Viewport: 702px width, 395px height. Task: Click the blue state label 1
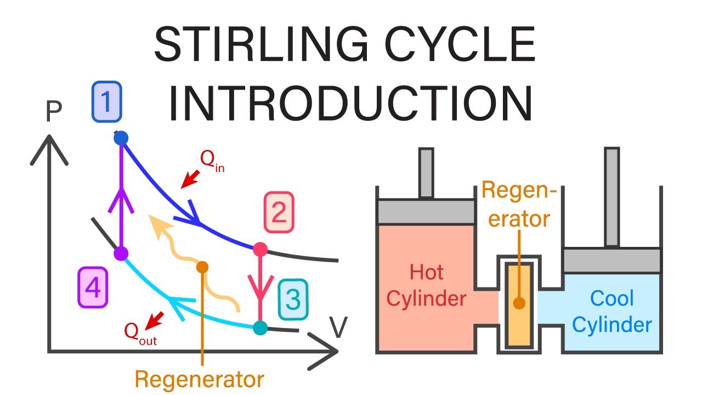point(106,101)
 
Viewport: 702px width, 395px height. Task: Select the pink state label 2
point(279,212)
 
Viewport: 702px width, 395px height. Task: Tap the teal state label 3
point(293,300)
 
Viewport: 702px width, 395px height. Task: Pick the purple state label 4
point(93,287)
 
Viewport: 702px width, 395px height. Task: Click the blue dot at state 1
point(121,138)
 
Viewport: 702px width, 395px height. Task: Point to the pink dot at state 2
point(260,250)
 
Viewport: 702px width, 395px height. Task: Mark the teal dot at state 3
point(260,328)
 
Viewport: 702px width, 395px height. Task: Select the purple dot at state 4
point(121,253)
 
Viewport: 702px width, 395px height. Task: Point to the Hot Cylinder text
point(426,285)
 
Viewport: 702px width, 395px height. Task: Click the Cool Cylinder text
point(612,312)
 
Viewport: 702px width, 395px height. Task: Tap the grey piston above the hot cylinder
point(426,211)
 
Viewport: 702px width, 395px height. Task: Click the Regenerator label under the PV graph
point(200,379)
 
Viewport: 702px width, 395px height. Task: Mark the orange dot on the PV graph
point(202,267)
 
